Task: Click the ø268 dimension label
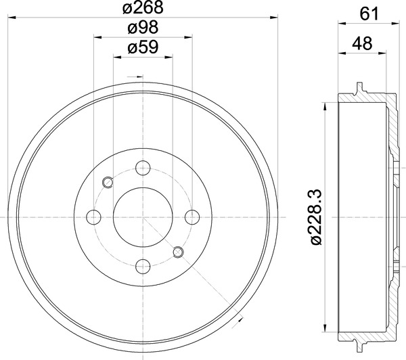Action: click(143, 7)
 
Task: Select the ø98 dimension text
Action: click(143, 27)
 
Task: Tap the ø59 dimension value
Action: click(143, 47)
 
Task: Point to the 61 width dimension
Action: click(369, 14)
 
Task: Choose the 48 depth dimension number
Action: click(362, 43)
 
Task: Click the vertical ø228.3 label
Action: click(316, 217)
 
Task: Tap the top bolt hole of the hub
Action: click(143, 168)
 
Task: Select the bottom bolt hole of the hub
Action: click(143, 266)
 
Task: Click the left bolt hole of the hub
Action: click(94, 217)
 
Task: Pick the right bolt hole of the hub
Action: click(192, 217)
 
